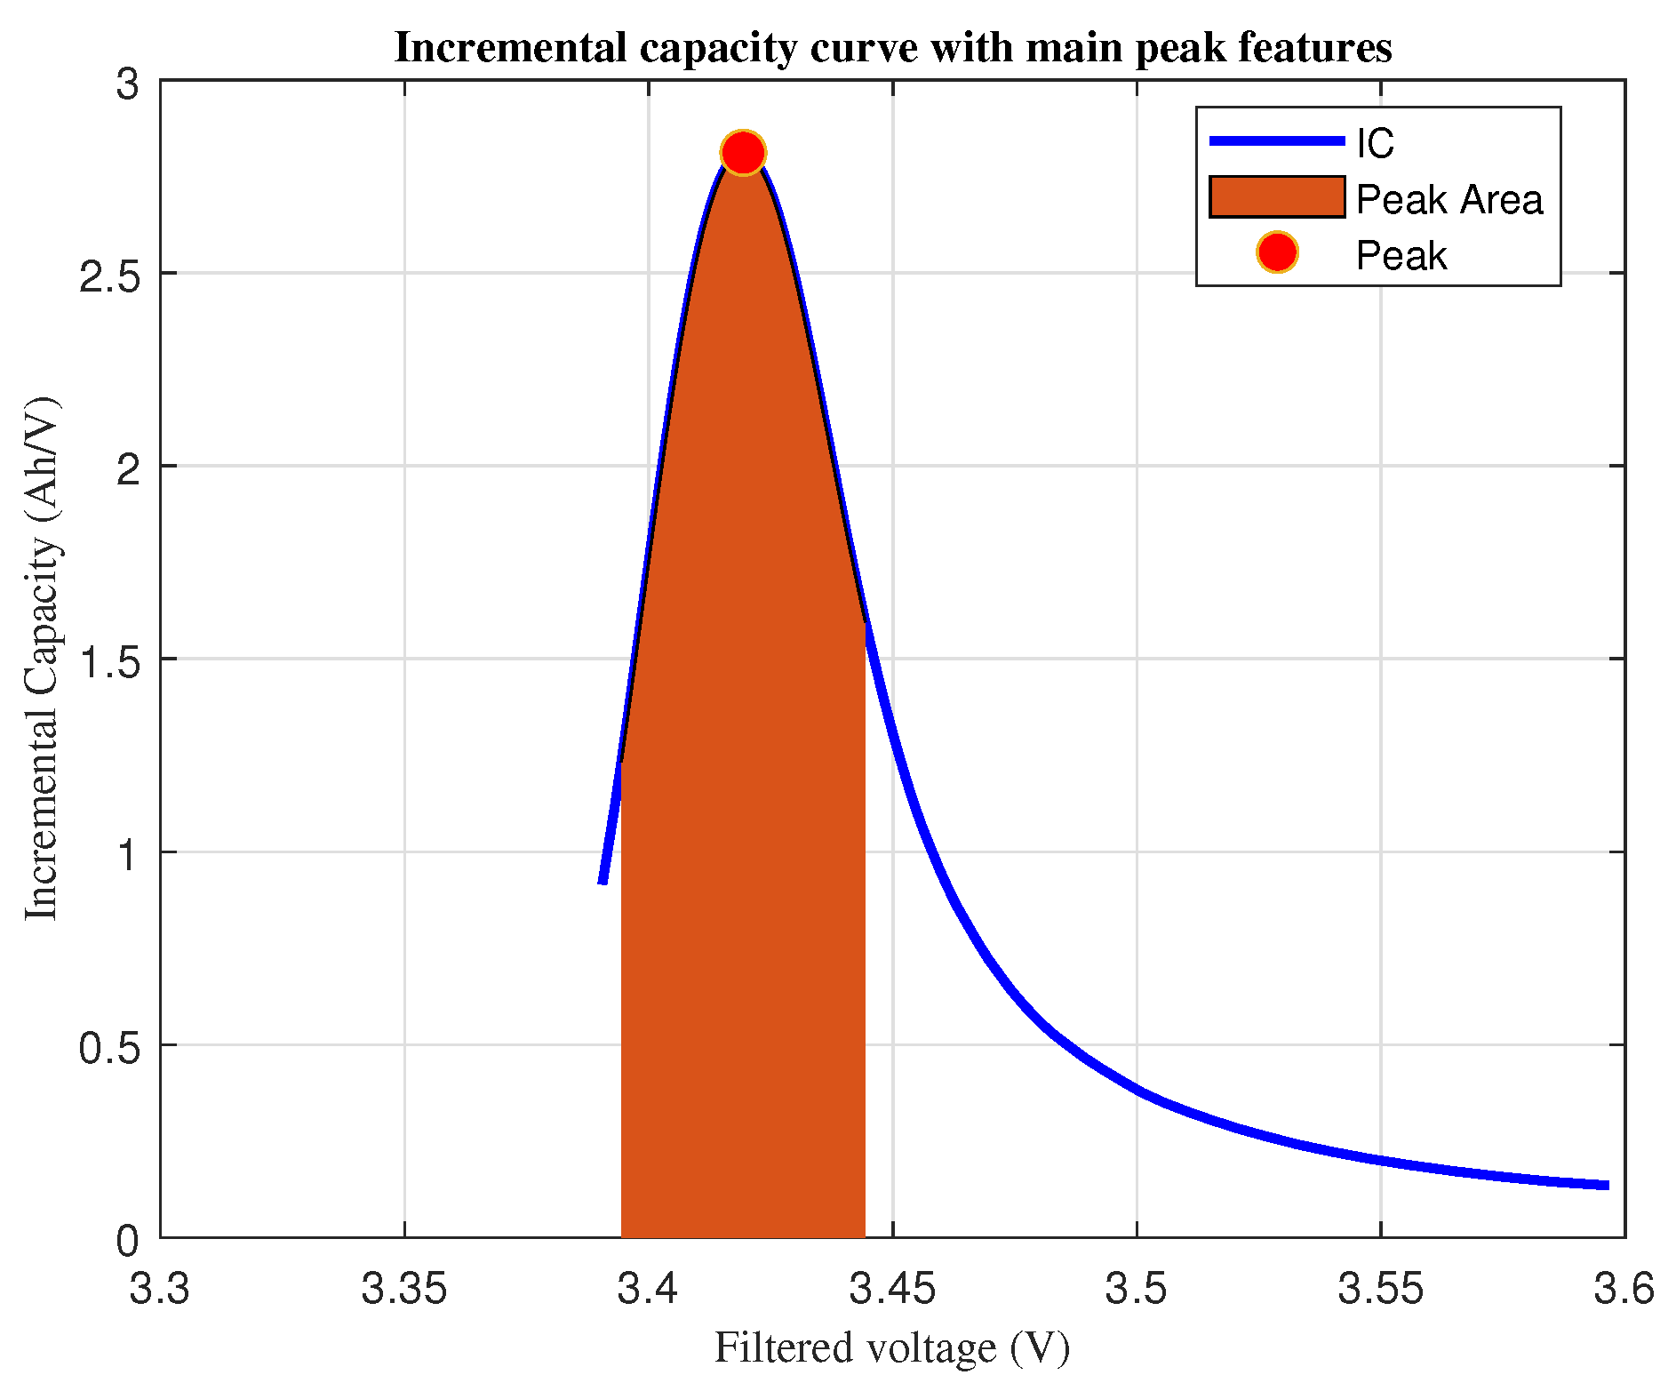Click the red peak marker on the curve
743,153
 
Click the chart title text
892,47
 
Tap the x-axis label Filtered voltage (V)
891,1347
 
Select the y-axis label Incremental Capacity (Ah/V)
41,659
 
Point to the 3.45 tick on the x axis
892,1288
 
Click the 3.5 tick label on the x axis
1136,1288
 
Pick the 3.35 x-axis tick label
404,1288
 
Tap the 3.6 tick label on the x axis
1624,1288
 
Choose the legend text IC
1374,143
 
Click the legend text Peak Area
1449,199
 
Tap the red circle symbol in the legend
1277,253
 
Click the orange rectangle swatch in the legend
1277,196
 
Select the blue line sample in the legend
1277,141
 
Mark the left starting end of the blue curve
603,881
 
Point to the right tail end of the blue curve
1607,1185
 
